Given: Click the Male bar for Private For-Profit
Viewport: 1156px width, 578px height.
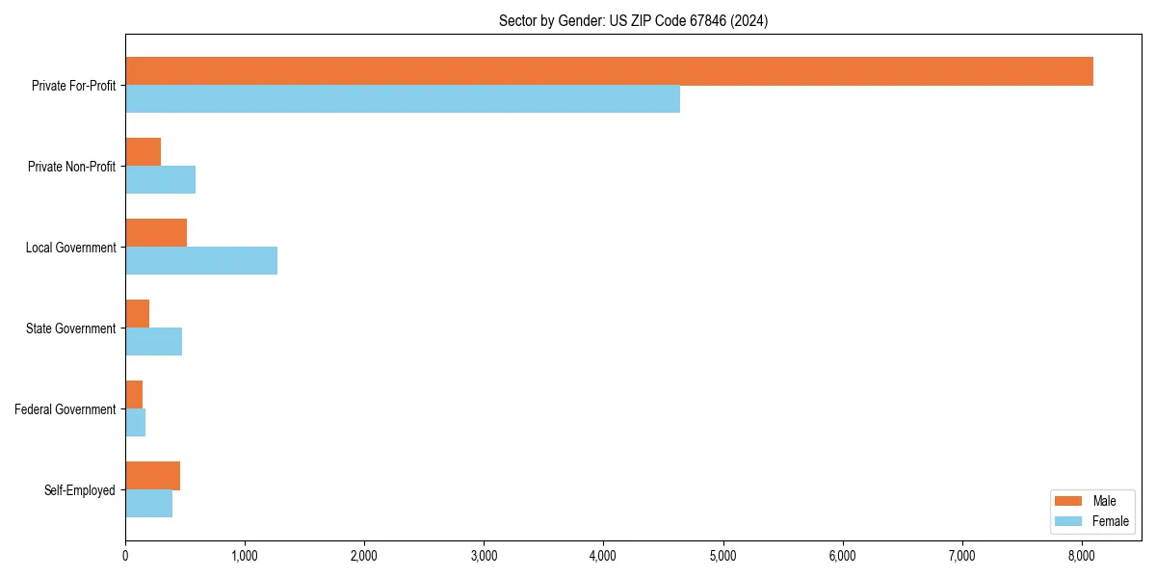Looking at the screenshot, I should pyautogui.click(x=609, y=71).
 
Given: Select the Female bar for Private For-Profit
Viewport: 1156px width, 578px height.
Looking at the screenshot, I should pyautogui.click(x=403, y=99).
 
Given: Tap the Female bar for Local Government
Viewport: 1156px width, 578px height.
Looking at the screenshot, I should pyautogui.click(x=201, y=261).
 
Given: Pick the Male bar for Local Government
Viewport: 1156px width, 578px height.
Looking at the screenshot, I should pyautogui.click(x=156, y=233).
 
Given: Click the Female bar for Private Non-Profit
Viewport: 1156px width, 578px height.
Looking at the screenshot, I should pyautogui.click(x=160, y=180).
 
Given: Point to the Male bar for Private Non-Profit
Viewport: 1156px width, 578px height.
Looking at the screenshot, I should pyautogui.click(x=143, y=152).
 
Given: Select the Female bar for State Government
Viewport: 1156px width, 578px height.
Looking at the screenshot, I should pyautogui.click(x=153, y=342).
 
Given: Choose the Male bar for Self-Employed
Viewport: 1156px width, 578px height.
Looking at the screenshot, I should pyautogui.click(x=152, y=476).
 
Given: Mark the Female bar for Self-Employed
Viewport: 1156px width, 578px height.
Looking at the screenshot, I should pyautogui.click(x=148, y=504).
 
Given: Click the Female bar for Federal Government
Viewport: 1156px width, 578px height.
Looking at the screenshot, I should pyautogui.click(x=135, y=423).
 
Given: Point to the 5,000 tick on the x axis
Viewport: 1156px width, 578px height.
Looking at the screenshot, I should pyautogui.click(x=722, y=555).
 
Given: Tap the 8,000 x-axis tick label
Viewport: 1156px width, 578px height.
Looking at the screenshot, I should pyautogui.click(x=1081, y=555).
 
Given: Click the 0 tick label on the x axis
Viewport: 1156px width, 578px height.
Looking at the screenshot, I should pyautogui.click(x=125, y=555).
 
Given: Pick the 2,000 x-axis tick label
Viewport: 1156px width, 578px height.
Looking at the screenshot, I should pyautogui.click(x=364, y=555).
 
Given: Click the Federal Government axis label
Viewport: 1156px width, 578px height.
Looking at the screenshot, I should pyautogui.click(x=66, y=409).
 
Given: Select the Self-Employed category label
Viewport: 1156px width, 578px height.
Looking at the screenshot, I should pyautogui.click(x=80, y=490).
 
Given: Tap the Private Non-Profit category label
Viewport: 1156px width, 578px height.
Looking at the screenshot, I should pyautogui.click(x=71, y=167).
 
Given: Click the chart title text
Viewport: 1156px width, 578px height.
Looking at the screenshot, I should pyautogui.click(x=633, y=20).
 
